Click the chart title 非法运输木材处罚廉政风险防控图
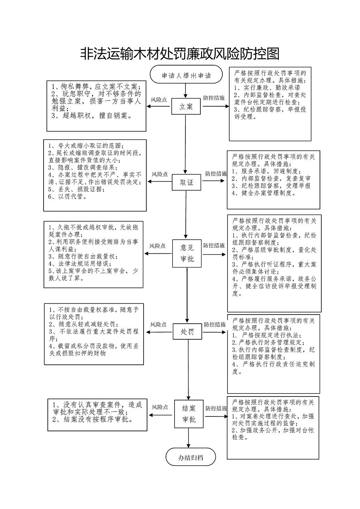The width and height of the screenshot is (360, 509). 180,54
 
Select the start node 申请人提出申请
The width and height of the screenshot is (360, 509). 186,74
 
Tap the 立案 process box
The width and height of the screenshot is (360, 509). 186,106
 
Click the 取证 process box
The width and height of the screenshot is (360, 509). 186,182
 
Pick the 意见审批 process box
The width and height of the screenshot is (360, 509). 187,253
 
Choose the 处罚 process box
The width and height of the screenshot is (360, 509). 187,332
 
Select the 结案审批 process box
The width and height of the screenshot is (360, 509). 189,414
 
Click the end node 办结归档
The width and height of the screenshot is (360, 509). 191,457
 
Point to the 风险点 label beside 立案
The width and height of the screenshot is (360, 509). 159,100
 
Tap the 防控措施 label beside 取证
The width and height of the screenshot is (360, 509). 216,174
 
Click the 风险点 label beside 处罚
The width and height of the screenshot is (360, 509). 158,325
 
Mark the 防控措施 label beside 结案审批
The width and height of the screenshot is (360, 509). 216,408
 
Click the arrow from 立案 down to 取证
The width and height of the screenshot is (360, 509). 186,144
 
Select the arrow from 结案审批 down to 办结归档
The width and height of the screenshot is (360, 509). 189,438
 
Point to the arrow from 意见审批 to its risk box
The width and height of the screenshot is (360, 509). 158,253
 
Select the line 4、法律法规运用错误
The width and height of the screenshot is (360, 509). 80,264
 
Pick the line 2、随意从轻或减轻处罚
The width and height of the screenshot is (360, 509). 84,324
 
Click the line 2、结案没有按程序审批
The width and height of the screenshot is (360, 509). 93,419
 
